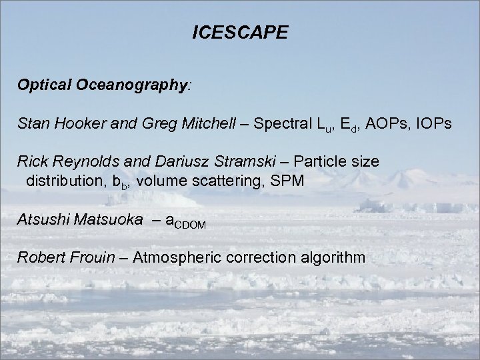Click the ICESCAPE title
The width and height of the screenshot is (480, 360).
click(240, 33)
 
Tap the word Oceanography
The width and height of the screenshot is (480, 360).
click(133, 86)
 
